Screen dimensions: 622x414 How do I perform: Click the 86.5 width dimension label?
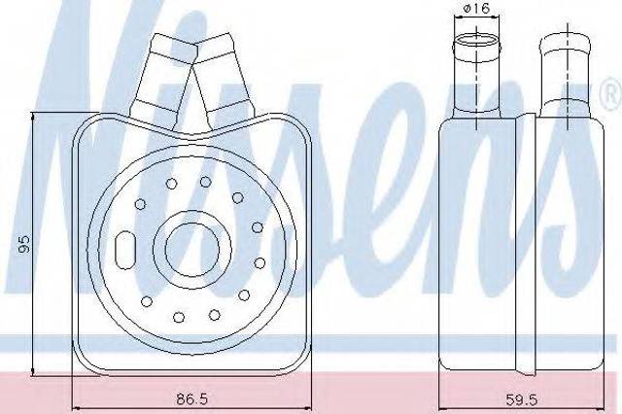click(x=192, y=398)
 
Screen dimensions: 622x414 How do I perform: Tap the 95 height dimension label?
click(x=23, y=244)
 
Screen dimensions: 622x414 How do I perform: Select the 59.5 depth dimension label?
click(x=522, y=399)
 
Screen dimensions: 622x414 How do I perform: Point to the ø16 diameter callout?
click(x=476, y=8)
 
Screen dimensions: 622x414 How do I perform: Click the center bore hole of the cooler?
click(x=192, y=249)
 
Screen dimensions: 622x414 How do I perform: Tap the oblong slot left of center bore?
click(x=125, y=250)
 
